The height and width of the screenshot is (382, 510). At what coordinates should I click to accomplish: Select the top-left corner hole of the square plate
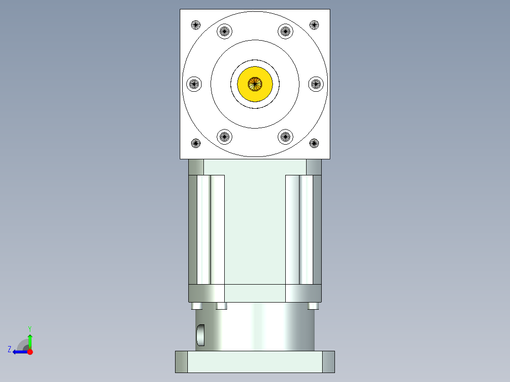[x=196, y=25]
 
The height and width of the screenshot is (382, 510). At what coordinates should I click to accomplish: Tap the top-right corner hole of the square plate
[x=314, y=25]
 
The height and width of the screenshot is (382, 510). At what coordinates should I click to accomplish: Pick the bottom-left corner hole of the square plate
[x=196, y=142]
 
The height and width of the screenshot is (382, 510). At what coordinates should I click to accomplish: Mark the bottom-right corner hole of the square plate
[x=314, y=142]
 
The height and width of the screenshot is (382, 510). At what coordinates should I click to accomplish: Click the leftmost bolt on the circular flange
[x=194, y=84]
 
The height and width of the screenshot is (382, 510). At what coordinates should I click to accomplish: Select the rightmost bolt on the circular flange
[x=316, y=84]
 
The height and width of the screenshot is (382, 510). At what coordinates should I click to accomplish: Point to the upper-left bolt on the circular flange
[x=224, y=32]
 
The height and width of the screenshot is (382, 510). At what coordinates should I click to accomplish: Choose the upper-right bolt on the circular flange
[x=285, y=32]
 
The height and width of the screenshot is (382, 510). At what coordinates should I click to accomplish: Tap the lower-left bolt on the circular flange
[x=224, y=137]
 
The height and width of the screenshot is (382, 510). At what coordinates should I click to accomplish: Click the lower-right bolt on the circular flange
[x=285, y=137]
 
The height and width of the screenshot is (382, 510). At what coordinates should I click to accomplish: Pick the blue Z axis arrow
[x=19, y=352]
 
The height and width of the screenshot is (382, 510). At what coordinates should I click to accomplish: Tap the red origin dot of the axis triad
[x=30, y=352]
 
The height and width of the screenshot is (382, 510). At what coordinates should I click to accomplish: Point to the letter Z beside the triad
[x=9, y=349]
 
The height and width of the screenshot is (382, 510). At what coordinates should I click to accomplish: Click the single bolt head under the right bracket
[x=312, y=306]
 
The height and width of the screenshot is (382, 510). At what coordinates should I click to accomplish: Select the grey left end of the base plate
[x=181, y=362]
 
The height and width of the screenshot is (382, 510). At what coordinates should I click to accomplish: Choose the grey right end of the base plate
[x=328, y=362]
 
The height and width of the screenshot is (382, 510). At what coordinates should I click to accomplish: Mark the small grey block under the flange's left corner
[x=196, y=167]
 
